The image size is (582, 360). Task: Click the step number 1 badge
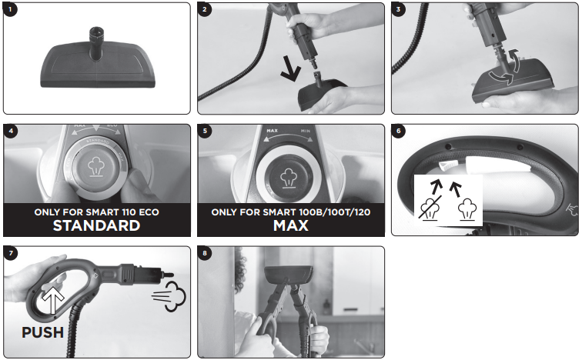[10, 9]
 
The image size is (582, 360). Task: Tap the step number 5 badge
[205, 131]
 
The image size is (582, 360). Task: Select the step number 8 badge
[205, 253]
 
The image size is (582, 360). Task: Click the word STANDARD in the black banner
[96, 225]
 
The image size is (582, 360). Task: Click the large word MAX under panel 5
[291, 225]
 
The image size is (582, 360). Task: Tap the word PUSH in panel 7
[42, 332]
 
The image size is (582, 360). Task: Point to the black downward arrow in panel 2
[291, 68]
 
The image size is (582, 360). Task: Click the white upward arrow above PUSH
[53, 299]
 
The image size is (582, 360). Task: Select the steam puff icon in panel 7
[169, 296]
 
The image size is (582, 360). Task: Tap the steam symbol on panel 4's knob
[96, 166]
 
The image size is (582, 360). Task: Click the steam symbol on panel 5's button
[289, 178]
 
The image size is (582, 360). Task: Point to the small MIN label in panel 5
[306, 131]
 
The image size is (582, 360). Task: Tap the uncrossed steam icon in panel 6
[467, 210]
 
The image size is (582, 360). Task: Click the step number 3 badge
[399, 9]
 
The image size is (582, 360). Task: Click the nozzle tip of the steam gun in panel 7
[169, 275]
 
